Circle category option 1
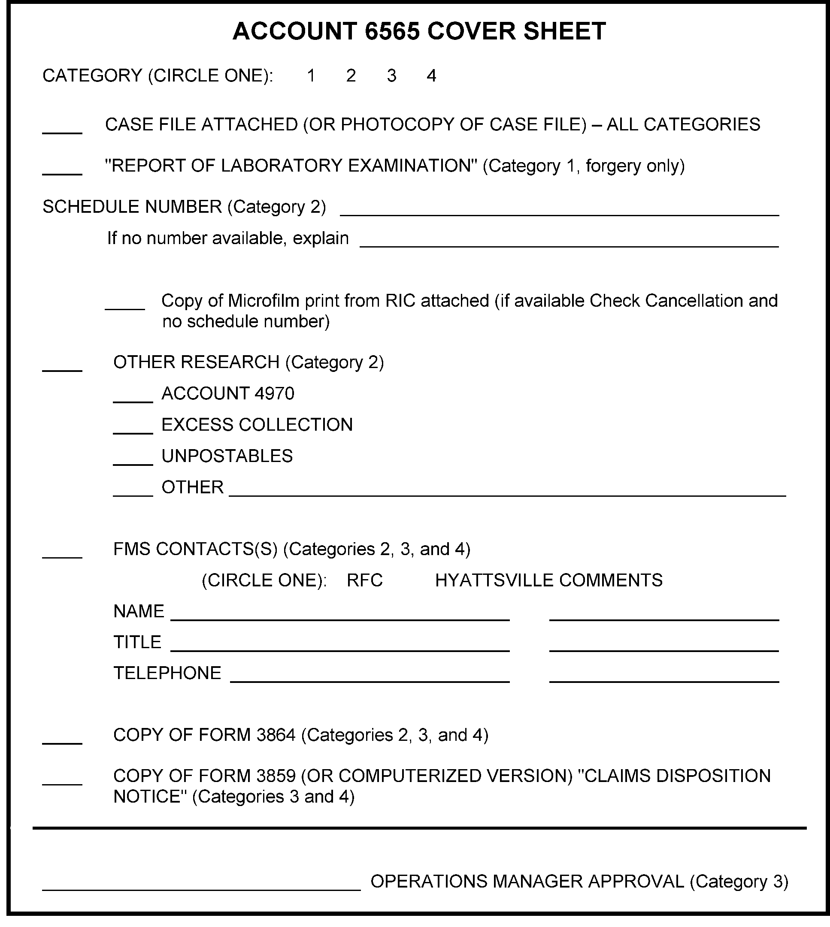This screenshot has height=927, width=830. (x=311, y=75)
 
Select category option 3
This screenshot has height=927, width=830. (x=391, y=75)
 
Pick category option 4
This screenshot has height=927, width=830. (x=431, y=75)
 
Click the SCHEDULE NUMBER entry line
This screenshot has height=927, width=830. (x=559, y=212)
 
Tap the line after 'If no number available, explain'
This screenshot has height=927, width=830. (x=569, y=243)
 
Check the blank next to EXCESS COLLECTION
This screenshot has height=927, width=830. (x=133, y=430)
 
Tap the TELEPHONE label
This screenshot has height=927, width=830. (x=167, y=673)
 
